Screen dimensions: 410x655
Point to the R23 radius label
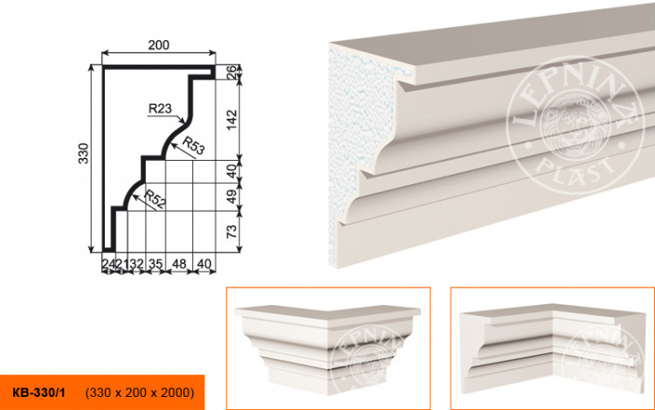(160, 109)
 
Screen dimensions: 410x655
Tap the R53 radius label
(193, 148)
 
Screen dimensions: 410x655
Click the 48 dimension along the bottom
(181, 261)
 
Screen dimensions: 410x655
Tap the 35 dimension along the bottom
(155, 261)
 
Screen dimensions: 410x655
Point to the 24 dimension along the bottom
(107, 261)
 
